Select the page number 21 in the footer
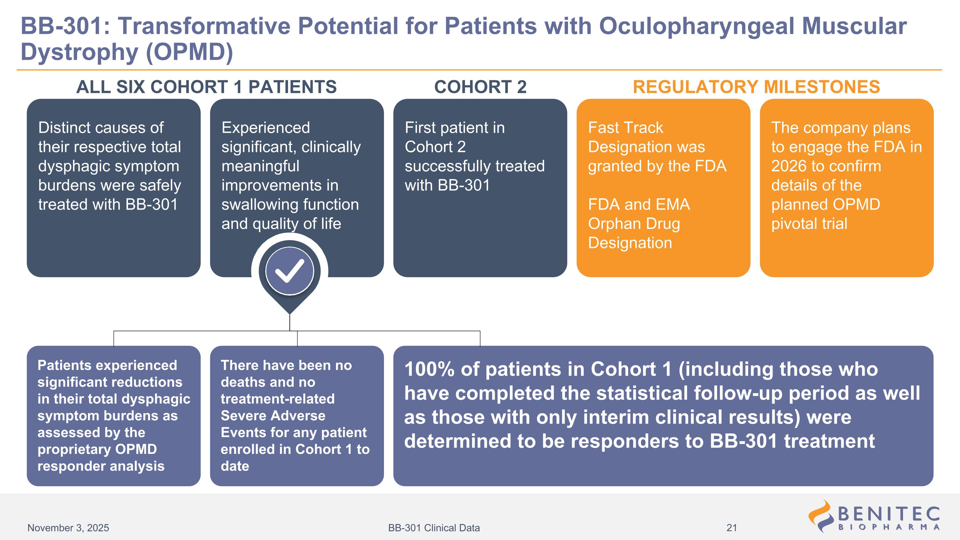[732, 528]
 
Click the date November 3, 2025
[68, 528]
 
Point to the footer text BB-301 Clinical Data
[434, 528]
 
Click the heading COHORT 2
[480, 87]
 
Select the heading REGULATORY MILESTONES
[756, 87]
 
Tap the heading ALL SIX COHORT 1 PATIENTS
[206, 87]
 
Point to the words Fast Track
[625, 128]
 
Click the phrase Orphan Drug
[634, 224]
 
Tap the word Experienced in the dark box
[266, 128]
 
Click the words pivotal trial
[809, 224]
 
